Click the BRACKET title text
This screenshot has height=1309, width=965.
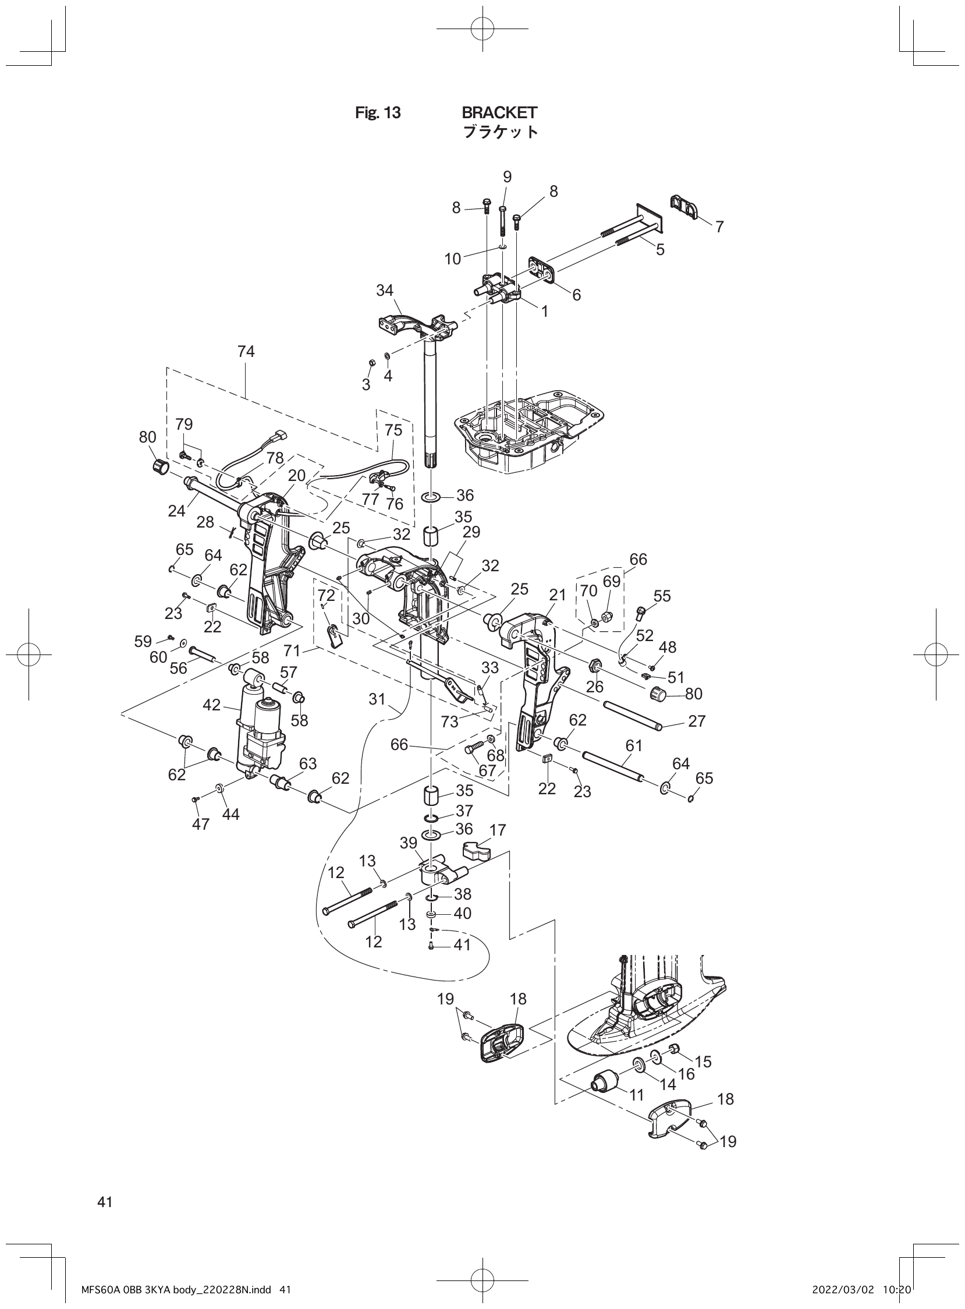(x=499, y=112)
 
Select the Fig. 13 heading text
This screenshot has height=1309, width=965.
(x=378, y=113)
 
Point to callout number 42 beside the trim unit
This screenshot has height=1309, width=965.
(x=211, y=705)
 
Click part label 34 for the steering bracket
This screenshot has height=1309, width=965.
(x=384, y=291)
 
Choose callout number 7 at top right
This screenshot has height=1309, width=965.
(x=719, y=227)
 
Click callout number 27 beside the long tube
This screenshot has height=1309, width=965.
(x=697, y=721)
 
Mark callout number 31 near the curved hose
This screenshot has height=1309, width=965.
(x=377, y=698)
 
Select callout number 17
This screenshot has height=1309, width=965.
(x=498, y=830)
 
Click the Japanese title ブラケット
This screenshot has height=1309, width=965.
(x=500, y=132)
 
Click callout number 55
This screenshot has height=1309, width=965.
(x=662, y=596)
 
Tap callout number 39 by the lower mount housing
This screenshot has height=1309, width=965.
(x=409, y=843)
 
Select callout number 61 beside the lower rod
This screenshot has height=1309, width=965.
(x=633, y=746)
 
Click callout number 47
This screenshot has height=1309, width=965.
(x=200, y=826)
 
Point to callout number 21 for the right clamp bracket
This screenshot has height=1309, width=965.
(x=558, y=595)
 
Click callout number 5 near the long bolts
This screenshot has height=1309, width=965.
(x=659, y=250)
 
